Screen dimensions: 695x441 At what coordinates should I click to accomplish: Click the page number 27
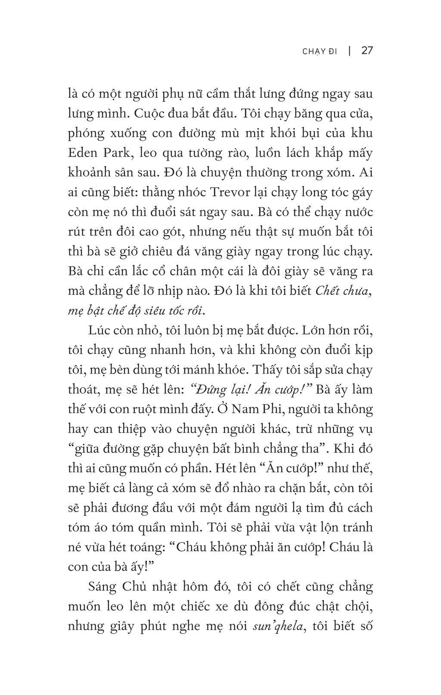pyautogui.click(x=367, y=51)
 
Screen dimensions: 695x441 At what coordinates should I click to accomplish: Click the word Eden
pyautogui.click(x=82, y=153)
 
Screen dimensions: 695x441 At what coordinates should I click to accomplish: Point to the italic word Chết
pyautogui.click(x=328, y=291)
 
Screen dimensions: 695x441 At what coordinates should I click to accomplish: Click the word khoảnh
pyautogui.click(x=89, y=173)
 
